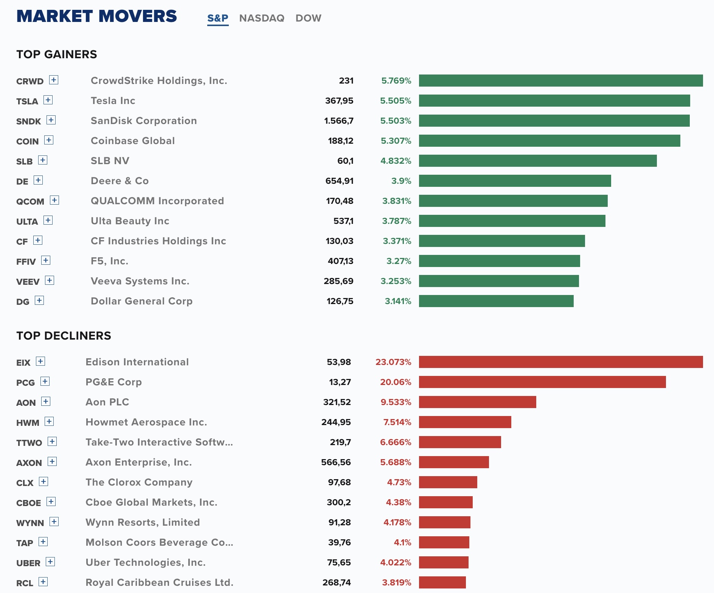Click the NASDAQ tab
[262, 18]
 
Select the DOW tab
[308, 18]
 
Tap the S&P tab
[218, 18]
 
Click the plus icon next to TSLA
[48, 100]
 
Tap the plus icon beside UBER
[50, 562]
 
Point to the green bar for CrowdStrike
[561, 81]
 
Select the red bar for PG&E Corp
[542, 382]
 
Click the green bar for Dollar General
[496, 301]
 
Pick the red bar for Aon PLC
[478, 402]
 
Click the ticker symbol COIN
[28, 141]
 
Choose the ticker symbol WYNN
[30, 523]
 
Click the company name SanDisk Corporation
[144, 121]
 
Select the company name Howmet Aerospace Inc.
[146, 422]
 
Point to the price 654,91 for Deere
[340, 181]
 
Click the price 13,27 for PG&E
[340, 382]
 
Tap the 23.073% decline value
[393, 362]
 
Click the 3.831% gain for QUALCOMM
[397, 201]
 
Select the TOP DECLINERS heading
[64, 336]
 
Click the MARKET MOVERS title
[97, 16]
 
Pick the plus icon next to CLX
[43, 481]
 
